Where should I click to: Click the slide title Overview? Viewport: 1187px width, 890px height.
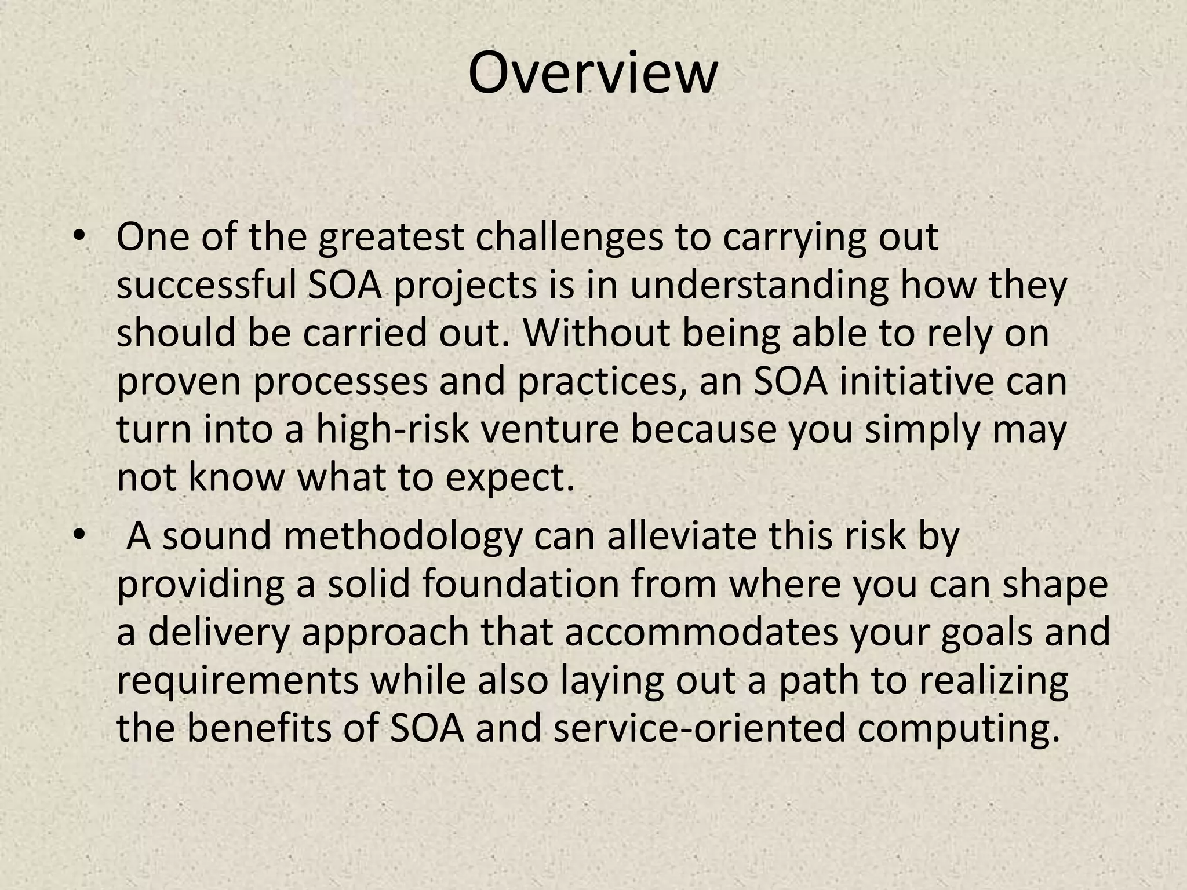(x=592, y=74)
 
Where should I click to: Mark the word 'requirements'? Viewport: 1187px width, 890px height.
(x=238, y=682)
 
